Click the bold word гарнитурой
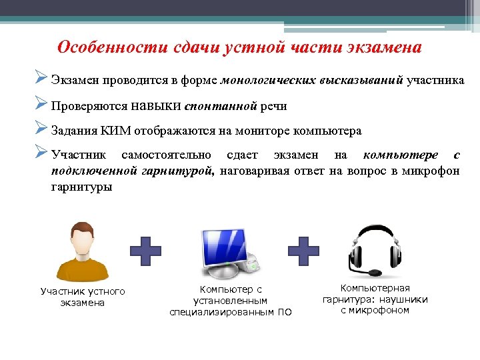point(177,171)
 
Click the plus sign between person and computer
point(145,251)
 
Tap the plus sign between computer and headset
point(303,251)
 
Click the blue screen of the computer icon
point(220,243)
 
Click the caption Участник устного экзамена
point(83,297)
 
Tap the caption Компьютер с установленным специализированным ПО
point(231,301)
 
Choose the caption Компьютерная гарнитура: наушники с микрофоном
point(375,299)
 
